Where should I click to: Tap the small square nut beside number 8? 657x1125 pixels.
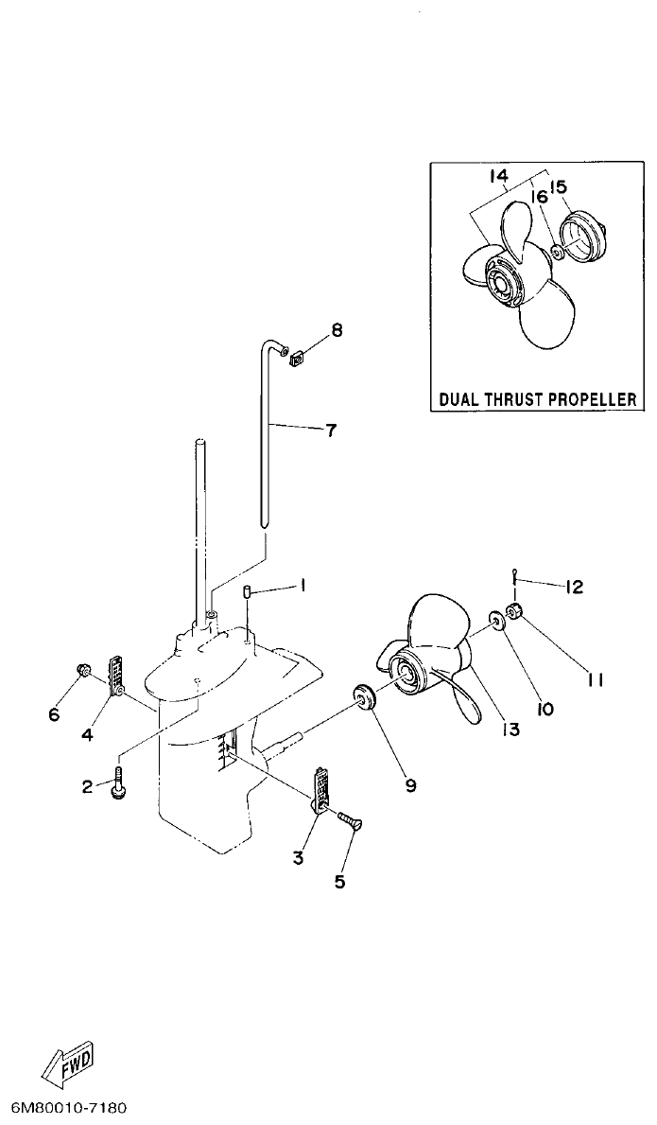point(293,357)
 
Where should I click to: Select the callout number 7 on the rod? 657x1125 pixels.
point(330,431)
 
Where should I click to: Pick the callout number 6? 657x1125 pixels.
point(54,713)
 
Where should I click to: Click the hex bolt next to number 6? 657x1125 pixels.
point(82,673)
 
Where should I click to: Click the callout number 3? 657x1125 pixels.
point(298,858)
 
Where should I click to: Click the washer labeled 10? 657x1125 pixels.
point(495,621)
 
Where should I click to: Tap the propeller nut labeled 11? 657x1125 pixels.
point(517,609)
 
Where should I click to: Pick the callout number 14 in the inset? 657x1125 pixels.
point(499,176)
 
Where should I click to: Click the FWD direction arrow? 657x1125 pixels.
point(69,1067)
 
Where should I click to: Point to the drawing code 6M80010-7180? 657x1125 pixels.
point(68,1107)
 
